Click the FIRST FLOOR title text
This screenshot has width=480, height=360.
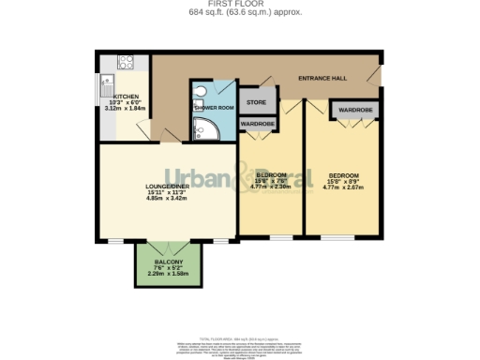coord(239,4)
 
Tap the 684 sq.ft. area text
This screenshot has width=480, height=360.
coord(239,12)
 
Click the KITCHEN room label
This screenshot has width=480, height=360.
coord(127,97)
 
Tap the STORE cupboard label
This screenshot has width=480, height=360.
coord(256,101)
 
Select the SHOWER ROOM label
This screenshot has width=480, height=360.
coord(212,108)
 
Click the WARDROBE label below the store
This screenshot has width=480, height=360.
coord(257,123)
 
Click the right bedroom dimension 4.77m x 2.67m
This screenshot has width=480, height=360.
coord(342,187)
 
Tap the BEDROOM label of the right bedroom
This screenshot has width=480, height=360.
coord(342,174)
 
